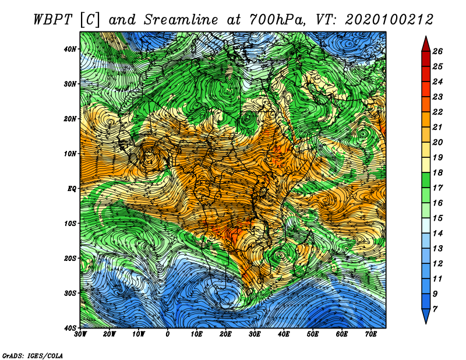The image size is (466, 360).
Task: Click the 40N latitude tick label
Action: pos(70,49)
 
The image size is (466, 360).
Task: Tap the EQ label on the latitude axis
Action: pos(72,189)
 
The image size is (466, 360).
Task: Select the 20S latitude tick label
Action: pos(70,258)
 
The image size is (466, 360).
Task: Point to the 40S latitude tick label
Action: pos(70,328)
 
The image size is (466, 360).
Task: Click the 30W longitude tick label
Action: pos(80,334)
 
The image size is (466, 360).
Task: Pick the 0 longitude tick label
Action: pos(168,334)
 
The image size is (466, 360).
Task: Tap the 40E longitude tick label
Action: pos(284,334)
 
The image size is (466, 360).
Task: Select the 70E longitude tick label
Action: pos(371,334)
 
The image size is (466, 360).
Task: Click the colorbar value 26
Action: pos(437,51)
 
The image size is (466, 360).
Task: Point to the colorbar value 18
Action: pos(437,172)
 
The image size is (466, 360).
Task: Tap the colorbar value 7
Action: pos(435,309)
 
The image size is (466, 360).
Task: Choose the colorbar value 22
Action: pos(437,112)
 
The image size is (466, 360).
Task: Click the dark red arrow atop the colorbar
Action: pos(426,45)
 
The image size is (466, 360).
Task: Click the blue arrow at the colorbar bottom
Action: pos(426,316)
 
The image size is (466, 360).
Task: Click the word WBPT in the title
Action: pos(53,20)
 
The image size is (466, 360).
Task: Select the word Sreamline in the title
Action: pos(181,20)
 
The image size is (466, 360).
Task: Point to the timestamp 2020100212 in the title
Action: pos(389,20)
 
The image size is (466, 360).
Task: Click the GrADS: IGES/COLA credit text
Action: pos(33,356)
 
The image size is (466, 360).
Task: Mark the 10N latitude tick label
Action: pos(70,154)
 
